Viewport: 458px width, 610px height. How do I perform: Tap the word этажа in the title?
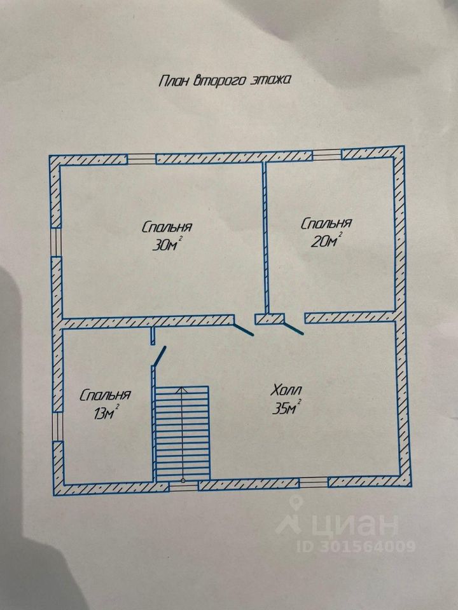point(272,81)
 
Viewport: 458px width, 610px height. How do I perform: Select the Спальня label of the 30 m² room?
point(167,227)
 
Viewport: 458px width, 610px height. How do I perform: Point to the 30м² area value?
point(167,245)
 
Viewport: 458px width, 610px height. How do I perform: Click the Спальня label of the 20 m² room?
point(326,224)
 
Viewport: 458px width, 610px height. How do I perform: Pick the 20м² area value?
point(327,241)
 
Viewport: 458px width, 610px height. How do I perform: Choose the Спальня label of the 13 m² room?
point(106,395)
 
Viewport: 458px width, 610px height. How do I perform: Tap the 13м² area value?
point(106,413)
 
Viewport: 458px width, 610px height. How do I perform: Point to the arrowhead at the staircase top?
point(183,390)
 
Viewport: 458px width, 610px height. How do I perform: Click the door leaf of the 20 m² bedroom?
point(293,328)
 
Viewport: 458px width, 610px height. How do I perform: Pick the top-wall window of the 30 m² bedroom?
point(141,158)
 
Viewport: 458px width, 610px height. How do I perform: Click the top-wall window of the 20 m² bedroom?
point(326,154)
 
